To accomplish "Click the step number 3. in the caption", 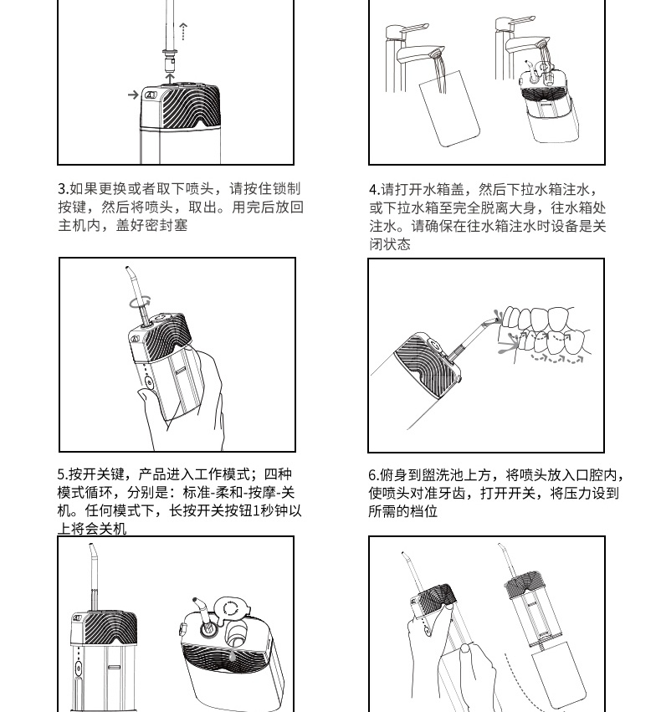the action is pyautogui.click(x=64, y=189).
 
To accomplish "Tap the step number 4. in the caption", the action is pyautogui.click(x=375, y=189).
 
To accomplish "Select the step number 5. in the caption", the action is pyautogui.click(x=63, y=474).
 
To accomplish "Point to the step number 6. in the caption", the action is pyautogui.click(x=374, y=475).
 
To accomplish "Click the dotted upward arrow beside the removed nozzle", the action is pyautogui.click(x=183, y=31).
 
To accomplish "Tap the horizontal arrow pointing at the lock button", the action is pyautogui.click(x=133, y=95).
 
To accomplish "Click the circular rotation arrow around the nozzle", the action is pyautogui.click(x=140, y=302).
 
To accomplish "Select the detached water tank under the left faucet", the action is pyautogui.click(x=449, y=108).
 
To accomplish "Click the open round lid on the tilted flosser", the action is pyautogui.click(x=233, y=609).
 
